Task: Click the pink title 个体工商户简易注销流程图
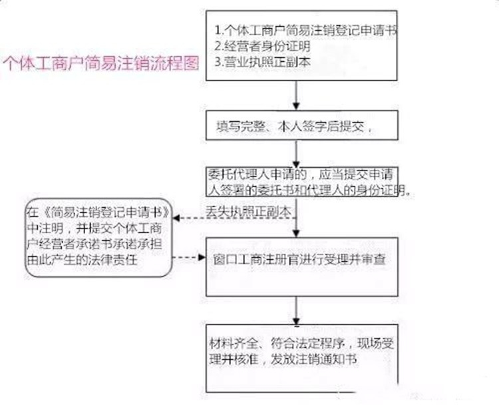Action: (x=100, y=63)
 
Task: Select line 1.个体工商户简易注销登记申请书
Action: (x=306, y=31)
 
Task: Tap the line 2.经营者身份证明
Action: (x=262, y=47)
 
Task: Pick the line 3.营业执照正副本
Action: (x=262, y=62)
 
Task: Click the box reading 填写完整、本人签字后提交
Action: (x=302, y=125)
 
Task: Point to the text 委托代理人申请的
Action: (x=257, y=175)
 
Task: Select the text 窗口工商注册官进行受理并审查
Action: (x=299, y=259)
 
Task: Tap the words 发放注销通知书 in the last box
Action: (x=313, y=360)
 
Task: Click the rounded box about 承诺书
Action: (x=98, y=237)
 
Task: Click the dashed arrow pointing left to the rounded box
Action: (x=235, y=218)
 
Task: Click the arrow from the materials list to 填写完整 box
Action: (x=297, y=95)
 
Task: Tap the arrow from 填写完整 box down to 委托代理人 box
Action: (x=297, y=154)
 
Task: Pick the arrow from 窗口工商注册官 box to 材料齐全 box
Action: (x=297, y=310)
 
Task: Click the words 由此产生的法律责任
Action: (x=83, y=260)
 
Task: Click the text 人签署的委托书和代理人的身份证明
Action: (x=307, y=190)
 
